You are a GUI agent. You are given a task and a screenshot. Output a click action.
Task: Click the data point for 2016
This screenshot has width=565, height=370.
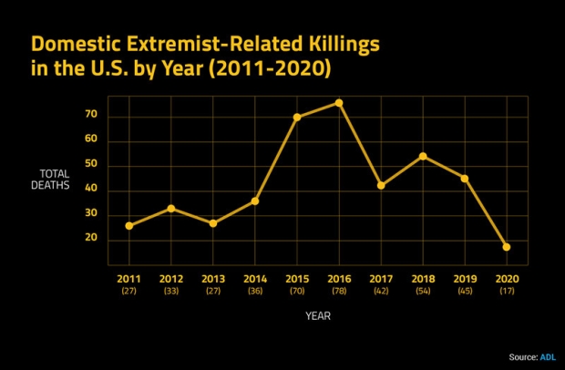(339, 103)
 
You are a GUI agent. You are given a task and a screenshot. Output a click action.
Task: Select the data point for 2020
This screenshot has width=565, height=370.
(506, 247)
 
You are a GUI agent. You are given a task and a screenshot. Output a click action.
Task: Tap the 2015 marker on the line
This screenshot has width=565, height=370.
(297, 118)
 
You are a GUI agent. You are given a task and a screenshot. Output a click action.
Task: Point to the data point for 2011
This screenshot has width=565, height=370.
(129, 225)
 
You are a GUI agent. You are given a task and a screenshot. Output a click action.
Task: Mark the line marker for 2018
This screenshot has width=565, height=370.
(423, 156)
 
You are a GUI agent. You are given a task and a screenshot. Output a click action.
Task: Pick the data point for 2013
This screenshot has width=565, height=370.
(213, 223)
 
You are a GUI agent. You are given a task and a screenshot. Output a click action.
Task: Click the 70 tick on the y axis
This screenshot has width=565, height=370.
(91, 116)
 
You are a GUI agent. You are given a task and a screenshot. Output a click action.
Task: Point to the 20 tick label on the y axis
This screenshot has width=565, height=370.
(91, 239)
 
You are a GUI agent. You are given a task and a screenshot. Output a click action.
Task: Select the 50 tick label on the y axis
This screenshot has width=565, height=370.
(91, 165)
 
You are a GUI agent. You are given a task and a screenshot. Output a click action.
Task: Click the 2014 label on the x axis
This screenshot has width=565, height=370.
(254, 277)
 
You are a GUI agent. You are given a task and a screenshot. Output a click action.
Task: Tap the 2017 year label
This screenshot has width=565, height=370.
(380, 277)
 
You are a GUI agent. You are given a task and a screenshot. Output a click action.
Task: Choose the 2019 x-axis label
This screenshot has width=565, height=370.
(464, 277)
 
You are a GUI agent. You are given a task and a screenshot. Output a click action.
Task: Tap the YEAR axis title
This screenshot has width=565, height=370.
(318, 316)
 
